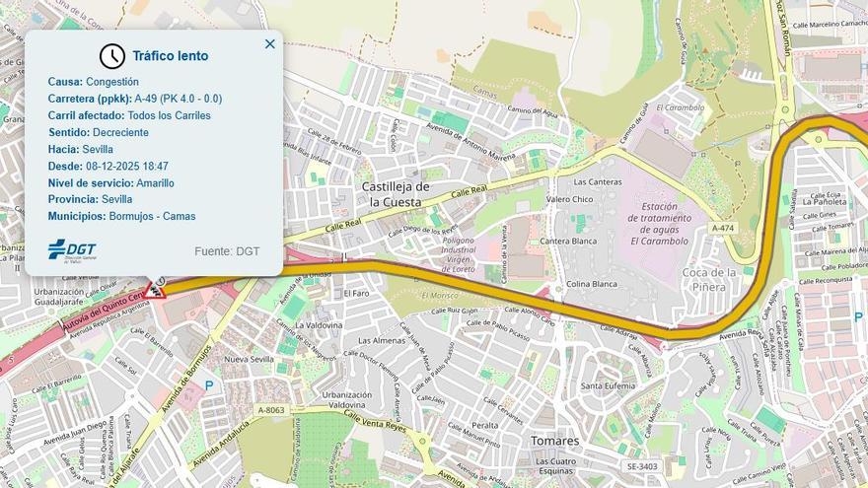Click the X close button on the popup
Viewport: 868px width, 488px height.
(x=270, y=44)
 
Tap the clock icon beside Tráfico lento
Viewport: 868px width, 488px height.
(x=112, y=56)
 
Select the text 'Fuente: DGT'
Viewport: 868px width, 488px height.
(x=227, y=251)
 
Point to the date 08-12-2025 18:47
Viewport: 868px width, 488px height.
(x=127, y=166)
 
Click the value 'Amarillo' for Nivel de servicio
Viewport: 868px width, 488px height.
(x=156, y=182)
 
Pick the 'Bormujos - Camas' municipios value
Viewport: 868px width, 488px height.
(x=152, y=216)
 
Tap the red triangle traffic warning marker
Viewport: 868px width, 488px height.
(x=154, y=289)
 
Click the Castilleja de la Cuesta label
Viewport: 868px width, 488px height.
(x=396, y=194)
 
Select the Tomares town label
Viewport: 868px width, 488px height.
(x=554, y=441)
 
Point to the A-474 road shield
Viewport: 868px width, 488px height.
(x=723, y=228)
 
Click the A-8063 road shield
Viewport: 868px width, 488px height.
(x=271, y=410)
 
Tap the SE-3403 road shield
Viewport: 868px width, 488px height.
(x=641, y=466)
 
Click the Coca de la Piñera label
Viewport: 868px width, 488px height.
(x=710, y=279)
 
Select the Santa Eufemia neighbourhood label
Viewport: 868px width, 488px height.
(x=608, y=385)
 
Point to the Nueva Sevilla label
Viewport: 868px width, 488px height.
(x=250, y=359)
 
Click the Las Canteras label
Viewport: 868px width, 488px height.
(x=598, y=182)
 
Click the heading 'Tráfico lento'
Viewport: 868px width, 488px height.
(x=171, y=56)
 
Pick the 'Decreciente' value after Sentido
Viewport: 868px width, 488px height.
(x=120, y=132)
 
